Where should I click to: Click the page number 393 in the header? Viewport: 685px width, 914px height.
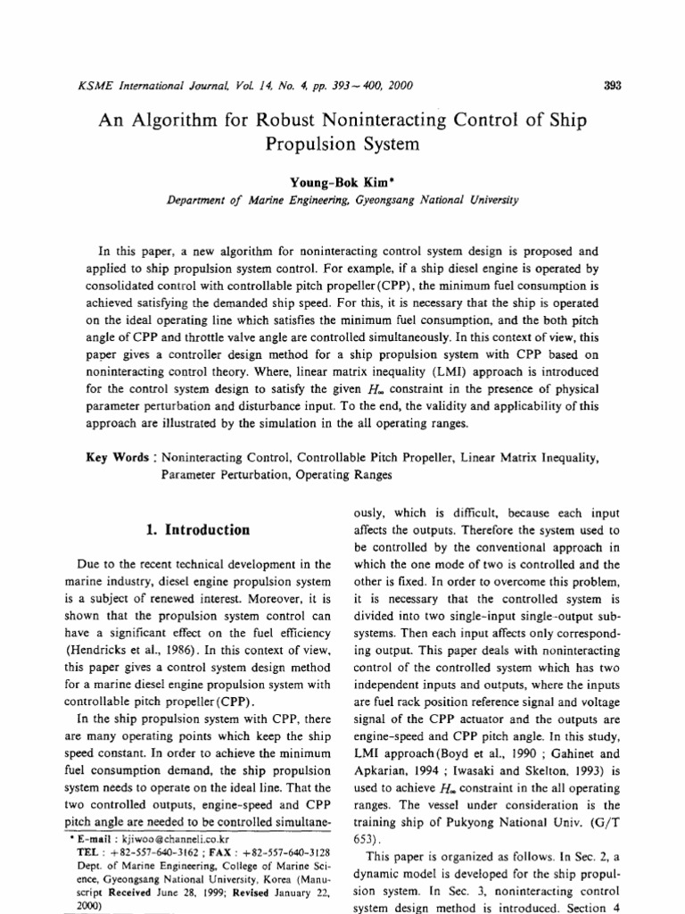612,86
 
